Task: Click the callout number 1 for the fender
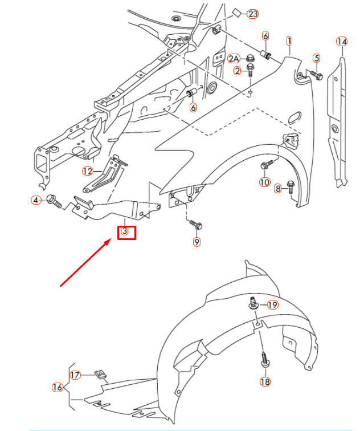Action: pos(289,41)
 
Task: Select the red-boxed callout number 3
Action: pos(126,232)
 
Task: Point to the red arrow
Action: pos(85,263)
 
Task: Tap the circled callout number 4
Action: pos(36,200)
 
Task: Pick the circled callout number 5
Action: pos(317,58)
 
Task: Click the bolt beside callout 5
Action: pos(315,74)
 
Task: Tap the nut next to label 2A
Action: pos(249,58)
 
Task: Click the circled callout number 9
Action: pos(197,242)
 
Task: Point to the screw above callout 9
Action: pos(194,223)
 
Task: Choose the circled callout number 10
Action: pos(264,182)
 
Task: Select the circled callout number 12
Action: pos(87,170)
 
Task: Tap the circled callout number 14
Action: pos(341,41)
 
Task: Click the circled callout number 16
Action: pos(57,388)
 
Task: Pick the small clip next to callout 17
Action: pos(100,375)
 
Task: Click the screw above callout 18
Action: pos(264,360)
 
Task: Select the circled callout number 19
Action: pos(272,305)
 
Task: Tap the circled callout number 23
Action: pos(252,13)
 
